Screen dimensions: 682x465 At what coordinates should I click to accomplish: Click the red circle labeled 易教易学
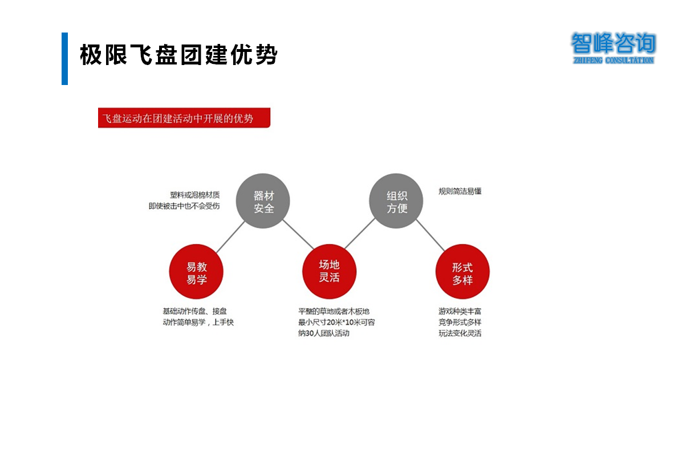coord(196,272)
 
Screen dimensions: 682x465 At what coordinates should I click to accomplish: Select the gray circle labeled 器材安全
coord(263,201)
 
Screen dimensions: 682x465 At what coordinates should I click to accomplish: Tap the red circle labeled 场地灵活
coord(329,271)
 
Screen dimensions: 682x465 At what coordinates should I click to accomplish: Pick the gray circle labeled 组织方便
coord(396,201)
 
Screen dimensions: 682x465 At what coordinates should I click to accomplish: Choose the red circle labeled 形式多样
coord(462,272)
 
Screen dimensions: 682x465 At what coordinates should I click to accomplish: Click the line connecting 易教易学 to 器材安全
coord(230,237)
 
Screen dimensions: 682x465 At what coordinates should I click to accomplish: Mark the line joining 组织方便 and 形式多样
coord(430,235)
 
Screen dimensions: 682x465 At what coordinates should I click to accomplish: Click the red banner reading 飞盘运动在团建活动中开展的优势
coord(184,118)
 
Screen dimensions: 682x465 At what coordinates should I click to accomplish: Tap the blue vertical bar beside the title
coord(65,59)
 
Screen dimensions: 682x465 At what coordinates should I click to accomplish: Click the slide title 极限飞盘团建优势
coord(178,55)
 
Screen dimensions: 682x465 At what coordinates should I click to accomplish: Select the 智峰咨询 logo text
coord(613,43)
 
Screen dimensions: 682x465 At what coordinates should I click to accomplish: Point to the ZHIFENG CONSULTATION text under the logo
coord(613,60)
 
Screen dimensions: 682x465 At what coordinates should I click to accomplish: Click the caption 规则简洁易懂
coord(460,191)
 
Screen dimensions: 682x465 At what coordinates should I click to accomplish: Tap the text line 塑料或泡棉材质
coord(195,195)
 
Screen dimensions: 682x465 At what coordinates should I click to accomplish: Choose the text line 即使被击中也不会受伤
coord(184,206)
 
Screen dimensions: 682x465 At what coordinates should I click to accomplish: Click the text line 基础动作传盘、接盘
coord(195,312)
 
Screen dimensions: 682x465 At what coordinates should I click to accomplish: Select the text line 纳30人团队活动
coord(323,334)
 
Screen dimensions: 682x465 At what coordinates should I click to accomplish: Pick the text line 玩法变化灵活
coord(460,334)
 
